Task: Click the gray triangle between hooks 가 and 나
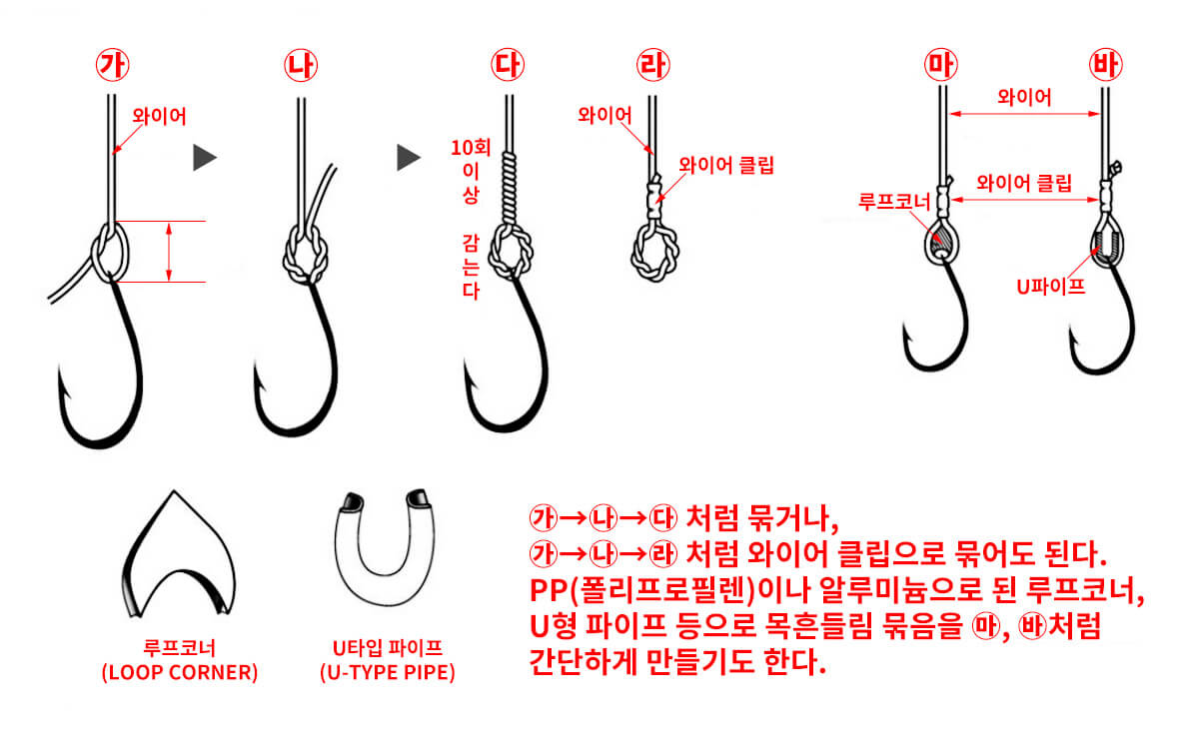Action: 204,157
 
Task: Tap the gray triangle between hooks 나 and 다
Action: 407,157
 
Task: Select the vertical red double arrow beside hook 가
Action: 169,252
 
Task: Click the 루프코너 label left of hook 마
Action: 893,202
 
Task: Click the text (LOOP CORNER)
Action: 180,673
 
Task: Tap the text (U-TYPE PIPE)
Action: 387,673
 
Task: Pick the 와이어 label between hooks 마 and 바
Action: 1024,97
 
